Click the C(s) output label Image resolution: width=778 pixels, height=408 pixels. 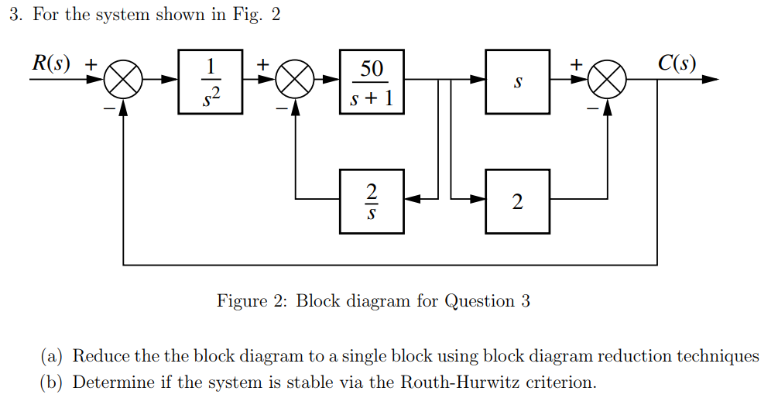pyautogui.click(x=677, y=63)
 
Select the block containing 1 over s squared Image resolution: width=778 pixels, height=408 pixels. pyautogui.click(x=210, y=81)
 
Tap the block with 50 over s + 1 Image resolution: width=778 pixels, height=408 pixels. pyautogui.click(x=372, y=81)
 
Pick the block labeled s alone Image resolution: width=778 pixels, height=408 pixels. pyautogui.click(x=517, y=81)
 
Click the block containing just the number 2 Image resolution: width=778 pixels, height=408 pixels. pyautogui.click(x=517, y=201)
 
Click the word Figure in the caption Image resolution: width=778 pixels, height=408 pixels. pyautogui.click(x=241, y=301)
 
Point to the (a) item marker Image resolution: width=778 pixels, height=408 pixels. pyautogui.click(x=53, y=356)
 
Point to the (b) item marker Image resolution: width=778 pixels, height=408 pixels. pyautogui.click(x=53, y=382)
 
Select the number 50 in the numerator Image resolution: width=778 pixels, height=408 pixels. pyautogui.click(x=372, y=68)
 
